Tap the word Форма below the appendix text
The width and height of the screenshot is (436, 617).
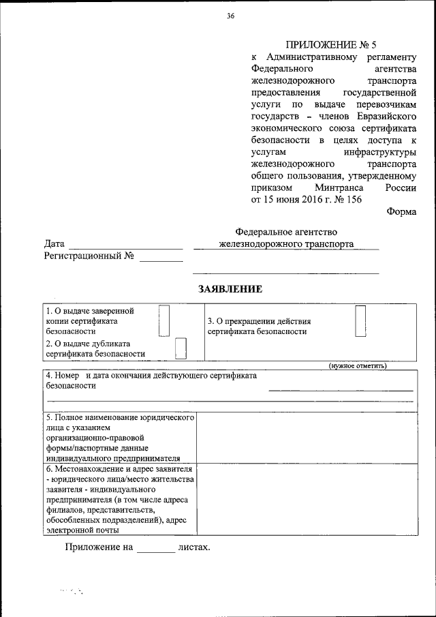point(401,212)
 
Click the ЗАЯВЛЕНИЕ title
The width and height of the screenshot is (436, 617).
point(230,289)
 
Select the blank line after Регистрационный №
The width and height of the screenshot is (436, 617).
point(161,260)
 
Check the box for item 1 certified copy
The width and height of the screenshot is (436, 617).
point(163,320)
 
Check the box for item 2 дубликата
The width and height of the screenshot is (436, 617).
point(181,348)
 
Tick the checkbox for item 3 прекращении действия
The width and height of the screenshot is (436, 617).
point(360,320)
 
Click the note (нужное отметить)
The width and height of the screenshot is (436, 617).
point(358,366)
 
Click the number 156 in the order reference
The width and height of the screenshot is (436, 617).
point(353,200)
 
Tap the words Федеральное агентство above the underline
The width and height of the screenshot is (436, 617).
point(286,232)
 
